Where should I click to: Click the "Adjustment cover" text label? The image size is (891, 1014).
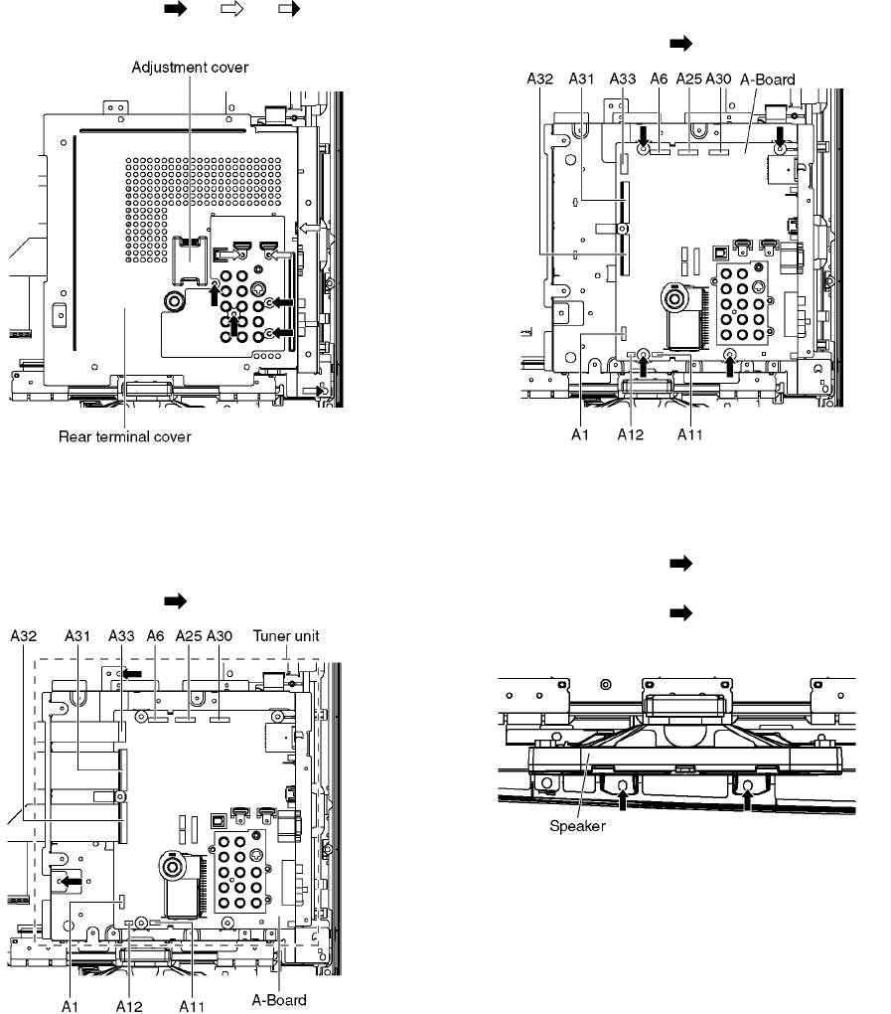pyautogui.click(x=190, y=68)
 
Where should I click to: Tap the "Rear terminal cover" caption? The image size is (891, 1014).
pyautogui.click(x=125, y=436)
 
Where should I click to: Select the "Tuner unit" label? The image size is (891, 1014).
pyautogui.click(x=286, y=635)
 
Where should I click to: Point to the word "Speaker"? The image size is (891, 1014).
pyautogui.click(x=577, y=826)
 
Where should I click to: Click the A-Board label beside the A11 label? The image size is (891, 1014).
pyautogui.click(x=278, y=1000)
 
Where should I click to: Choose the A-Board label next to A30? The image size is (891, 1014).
pyautogui.click(x=768, y=80)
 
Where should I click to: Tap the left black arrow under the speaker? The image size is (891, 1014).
pyautogui.click(x=623, y=801)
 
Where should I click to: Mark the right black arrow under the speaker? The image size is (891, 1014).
pyautogui.click(x=748, y=801)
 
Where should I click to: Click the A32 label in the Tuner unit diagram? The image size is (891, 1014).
pyautogui.click(x=23, y=635)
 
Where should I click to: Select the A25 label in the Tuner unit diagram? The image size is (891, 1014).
pyautogui.click(x=189, y=635)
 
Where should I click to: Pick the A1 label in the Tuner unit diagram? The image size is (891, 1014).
pyautogui.click(x=70, y=1006)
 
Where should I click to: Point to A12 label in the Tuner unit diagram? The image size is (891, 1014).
pyautogui.click(x=129, y=1006)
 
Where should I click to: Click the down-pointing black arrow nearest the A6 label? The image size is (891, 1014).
pyautogui.click(x=644, y=136)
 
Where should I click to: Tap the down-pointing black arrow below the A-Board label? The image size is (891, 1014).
pyautogui.click(x=781, y=136)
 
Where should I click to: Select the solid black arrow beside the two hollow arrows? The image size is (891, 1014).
pyautogui.click(x=175, y=8)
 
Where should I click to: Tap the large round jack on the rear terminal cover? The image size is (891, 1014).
pyautogui.click(x=173, y=300)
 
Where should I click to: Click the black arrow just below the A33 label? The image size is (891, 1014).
pyautogui.click(x=132, y=674)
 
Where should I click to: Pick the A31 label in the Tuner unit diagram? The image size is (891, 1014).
pyautogui.click(x=77, y=635)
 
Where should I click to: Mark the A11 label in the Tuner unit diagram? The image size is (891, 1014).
pyautogui.click(x=192, y=1006)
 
